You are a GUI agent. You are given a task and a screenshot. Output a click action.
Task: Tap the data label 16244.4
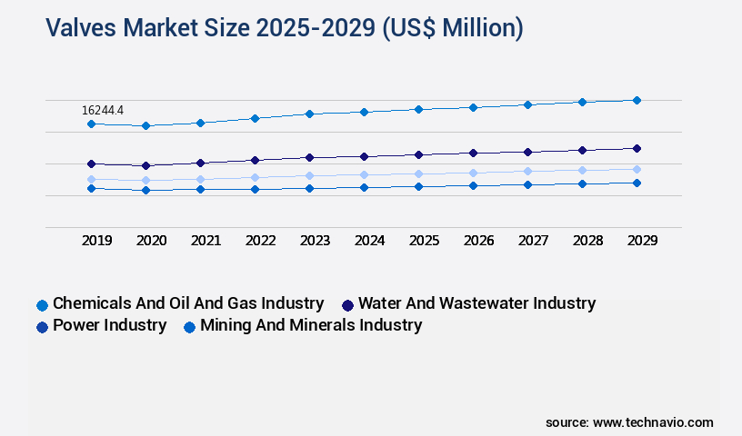(x=103, y=110)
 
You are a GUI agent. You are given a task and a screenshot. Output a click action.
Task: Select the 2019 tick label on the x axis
(x=96, y=241)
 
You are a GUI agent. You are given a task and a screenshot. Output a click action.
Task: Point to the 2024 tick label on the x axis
(x=369, y=241)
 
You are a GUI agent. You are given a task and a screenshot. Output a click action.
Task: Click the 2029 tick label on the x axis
(x=642, y=241)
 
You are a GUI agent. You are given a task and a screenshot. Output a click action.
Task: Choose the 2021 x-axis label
(x=206, y=241)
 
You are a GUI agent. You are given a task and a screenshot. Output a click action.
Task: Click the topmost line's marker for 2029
(x=637, y=100)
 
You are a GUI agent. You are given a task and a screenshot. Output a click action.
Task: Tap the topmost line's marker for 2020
(x=145, y=125)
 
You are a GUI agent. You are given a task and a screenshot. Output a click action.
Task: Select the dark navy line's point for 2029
(x=637, y=148)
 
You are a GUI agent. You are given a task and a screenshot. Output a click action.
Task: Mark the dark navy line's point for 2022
(x=255, y=160)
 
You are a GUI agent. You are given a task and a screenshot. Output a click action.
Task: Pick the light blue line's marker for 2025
(x=418, y=173)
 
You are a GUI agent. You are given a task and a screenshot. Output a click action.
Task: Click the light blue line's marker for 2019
(x=91, y=179)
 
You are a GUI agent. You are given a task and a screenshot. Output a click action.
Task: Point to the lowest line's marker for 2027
(x=527, y=184)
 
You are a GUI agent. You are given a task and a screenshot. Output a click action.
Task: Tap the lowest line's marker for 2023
(x=309, y=188)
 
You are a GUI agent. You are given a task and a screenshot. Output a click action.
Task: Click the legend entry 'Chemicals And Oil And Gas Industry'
(x=187, y=303)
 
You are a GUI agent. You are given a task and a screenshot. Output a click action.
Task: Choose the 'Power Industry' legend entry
(x=109, y=325)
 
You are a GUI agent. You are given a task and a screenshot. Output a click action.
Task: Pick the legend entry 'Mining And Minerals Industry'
(x=310, y=325)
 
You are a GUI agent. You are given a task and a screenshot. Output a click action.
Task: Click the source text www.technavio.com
(x=629, y=422)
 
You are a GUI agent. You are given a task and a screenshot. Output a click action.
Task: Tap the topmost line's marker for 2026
(x=473, y=107)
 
